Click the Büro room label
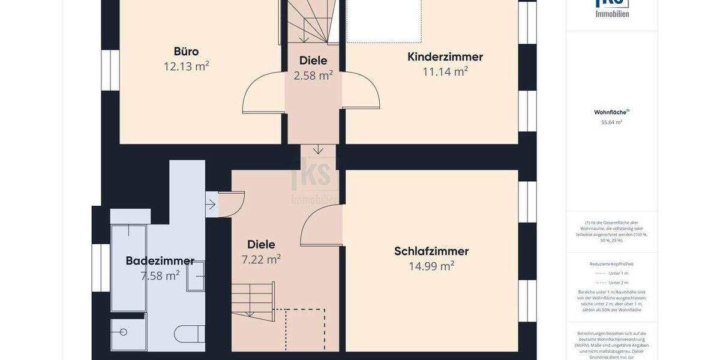[186, 51]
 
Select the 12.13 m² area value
[186, 67]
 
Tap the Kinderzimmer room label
[445, 57]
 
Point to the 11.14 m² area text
[445, 72]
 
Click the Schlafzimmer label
[431, 251]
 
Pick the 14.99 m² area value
[431, 266]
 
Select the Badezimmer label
[160, 261]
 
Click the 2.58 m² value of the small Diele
[313, 76]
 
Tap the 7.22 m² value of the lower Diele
[261, 260]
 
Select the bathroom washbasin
[196, 276]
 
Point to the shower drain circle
[124, 332]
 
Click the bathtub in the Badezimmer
[128, 268]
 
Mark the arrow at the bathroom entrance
[211, 204]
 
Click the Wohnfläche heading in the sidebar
[611, 112]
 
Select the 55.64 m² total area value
[611, 122]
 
